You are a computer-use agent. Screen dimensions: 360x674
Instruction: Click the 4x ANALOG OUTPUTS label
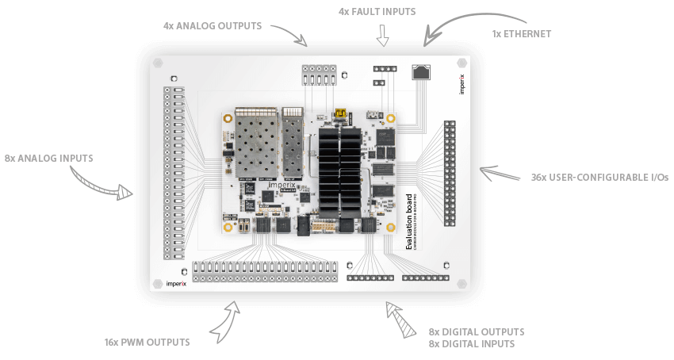[x=212, y=25]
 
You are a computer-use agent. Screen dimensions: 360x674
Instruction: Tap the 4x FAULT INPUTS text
[x=377, y=12]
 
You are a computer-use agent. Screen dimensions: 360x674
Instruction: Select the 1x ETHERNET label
[x=521, y=34]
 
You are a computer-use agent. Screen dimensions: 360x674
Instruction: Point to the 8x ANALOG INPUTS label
[x=48, y=158]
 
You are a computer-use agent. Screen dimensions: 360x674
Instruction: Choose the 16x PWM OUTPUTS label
[x=147, y=343]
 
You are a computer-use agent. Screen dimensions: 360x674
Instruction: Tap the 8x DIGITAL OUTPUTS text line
[x=476, y=331]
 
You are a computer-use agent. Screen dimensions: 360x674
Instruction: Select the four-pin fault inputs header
[x=385, y=68]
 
